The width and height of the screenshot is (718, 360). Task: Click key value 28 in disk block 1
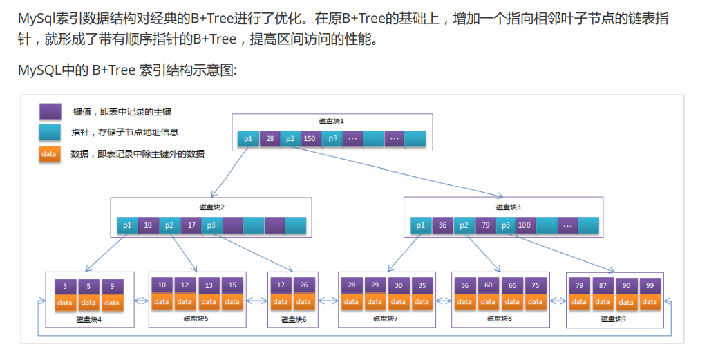click(270, 138)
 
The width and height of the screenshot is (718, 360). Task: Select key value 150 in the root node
click(310, 138)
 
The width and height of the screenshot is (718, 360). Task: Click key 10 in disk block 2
click(148, 225)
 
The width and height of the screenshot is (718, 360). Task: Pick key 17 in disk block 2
click(191, 225)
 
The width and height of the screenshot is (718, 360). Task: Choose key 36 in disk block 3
click(442, 225)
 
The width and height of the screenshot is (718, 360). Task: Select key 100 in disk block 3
click(525, 225)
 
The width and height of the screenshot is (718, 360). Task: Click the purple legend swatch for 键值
click(50, 111)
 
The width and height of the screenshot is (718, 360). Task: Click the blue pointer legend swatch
click(50, 132)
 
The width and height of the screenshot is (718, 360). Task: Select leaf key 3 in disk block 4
click(65, 286)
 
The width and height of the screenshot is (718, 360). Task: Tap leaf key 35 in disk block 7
click(422, 285)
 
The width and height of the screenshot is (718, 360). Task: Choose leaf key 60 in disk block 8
click(489, 285)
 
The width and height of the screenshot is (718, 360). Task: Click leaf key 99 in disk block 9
click(650, 285)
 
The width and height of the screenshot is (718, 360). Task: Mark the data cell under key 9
click(111, 303)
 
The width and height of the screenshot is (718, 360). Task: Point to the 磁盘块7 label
click(385, 319)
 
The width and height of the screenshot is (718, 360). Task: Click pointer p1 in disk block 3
click(421, 225)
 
